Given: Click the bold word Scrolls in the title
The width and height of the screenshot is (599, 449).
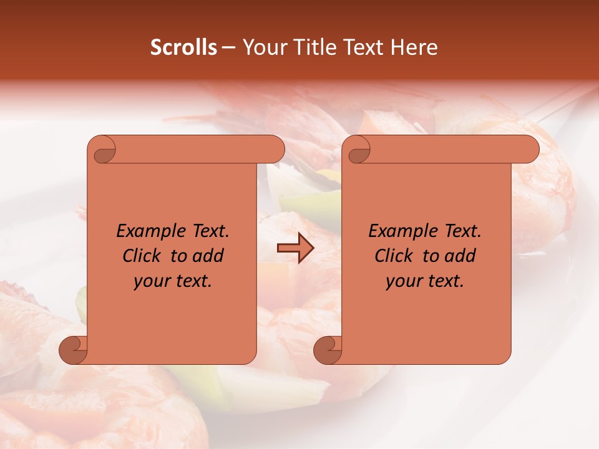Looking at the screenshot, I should (x=184, y=47).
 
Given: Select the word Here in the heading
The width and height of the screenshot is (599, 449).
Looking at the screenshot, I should (x=414, y=47).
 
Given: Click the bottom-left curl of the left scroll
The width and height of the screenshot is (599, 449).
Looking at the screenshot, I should (x=74, y=349).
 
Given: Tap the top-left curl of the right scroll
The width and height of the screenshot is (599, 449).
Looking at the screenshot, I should (x=358, y=150).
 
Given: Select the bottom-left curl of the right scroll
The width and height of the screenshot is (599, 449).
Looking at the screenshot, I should (x=328, y=349).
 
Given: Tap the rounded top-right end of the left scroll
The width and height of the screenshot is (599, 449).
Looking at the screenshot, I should (x=275, y=150).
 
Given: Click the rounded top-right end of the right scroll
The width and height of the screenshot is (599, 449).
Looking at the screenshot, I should (x=529, y=150).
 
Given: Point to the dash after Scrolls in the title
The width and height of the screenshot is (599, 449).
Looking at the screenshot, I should (x=228, y=47).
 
